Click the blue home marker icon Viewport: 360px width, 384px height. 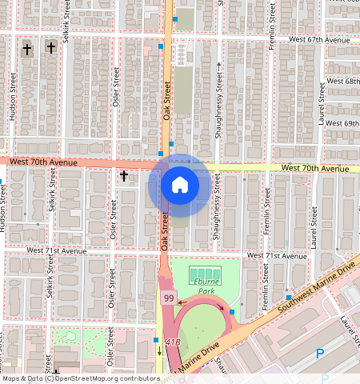pyautogui.click(x=180, y=186)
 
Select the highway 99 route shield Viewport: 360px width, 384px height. pyautogui.click(x=168, y=298)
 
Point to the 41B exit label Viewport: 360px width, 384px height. pyautogui.click(x=173, y=342)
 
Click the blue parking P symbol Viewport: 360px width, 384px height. pyautogui.click(x=321, y=353)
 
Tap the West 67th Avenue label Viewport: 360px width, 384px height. pyautogui.click(x=320, y=38)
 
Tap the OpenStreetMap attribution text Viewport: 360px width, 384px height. pyautogui.click(x=80, y=378)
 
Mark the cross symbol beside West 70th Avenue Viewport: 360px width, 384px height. pyautogui.click(x=124, y=174)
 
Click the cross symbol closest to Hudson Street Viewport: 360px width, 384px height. pyautogui.click(x=26, y=49)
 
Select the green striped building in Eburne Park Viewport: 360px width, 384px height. pyautogui.click(x=202, y=275)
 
